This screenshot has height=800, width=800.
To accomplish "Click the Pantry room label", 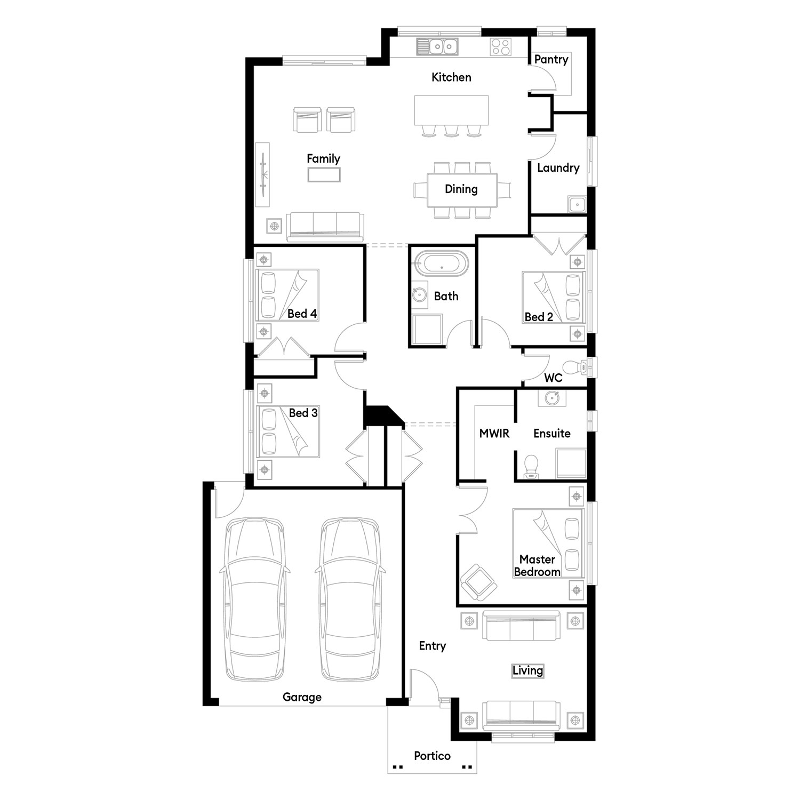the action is [551, 60].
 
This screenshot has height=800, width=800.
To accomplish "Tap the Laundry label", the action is [558, 168].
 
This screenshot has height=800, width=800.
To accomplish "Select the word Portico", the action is [432, 756].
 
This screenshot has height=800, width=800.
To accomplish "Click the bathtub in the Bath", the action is [442, 263].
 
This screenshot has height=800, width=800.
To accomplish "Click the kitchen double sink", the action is [437, 47].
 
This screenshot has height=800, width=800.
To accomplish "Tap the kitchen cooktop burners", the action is [501, 47].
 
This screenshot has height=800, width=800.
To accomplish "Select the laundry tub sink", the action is [577, 204].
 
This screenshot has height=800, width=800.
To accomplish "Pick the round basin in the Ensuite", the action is [552, 397].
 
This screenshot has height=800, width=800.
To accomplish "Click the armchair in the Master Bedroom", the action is [479, 582].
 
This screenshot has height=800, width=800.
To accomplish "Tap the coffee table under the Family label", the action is [324, 174].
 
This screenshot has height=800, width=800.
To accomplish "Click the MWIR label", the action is [494, 434].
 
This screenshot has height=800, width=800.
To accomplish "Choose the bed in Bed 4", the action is [287, 295].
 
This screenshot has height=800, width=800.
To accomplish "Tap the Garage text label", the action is [302, 697].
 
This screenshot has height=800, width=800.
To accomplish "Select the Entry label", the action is [432, 646].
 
